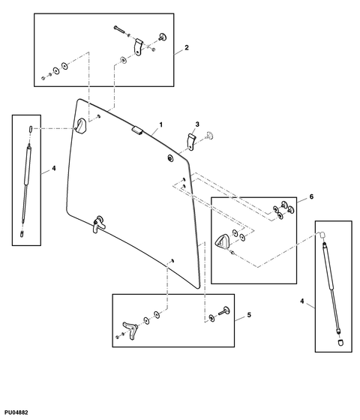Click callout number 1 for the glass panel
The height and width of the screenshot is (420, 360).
click(x=160, y=122)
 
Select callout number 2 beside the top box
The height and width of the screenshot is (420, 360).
click(x=186, y=49)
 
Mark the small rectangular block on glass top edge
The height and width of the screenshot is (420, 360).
click(x=136, y=130)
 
